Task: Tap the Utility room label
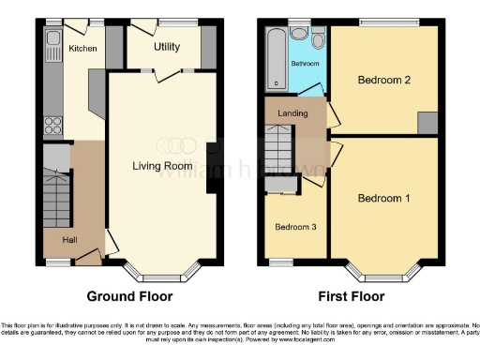point(168,46)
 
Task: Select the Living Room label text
point(162,167)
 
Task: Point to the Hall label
point(69,240)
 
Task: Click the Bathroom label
point(305,64)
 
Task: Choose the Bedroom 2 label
point(384,80)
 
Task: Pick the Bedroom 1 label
point(383,199)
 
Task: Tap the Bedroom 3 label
point(295,227)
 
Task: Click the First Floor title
point(352,296)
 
